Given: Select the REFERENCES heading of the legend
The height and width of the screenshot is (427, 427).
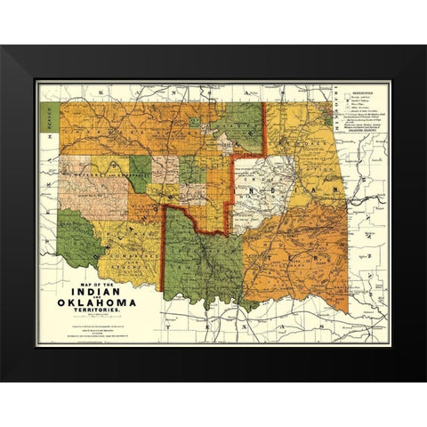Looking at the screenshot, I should (x=360, y=90).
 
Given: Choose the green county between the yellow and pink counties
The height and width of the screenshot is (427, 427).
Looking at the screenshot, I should (x=141, y=170).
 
